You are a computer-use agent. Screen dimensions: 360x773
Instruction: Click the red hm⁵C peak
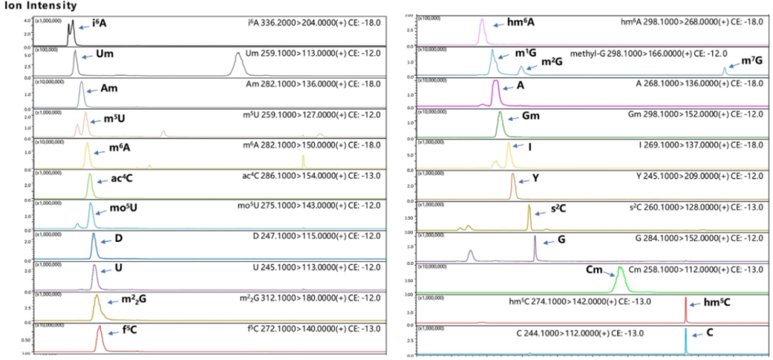[x=686, y=311]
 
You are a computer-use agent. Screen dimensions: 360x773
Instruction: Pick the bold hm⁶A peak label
[x=521, y=22]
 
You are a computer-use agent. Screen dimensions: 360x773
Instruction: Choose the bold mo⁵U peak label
[x=123, y=208]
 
